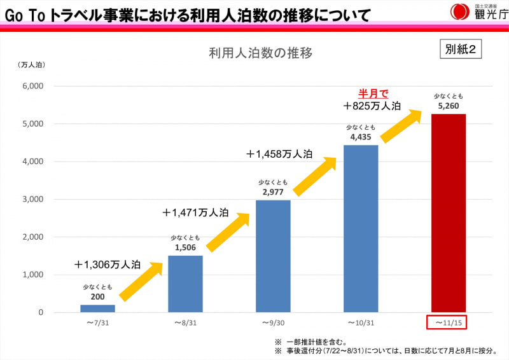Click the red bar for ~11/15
449,212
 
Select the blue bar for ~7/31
97,308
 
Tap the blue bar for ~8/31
185,284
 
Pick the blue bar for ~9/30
273,256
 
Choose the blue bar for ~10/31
361,228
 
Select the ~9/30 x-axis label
273,323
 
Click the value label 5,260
449,106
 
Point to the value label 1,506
185,247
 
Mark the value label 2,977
273,191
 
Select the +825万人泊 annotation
372,106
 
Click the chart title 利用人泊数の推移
260,53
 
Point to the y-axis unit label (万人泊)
32,64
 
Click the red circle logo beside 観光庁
459,11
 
